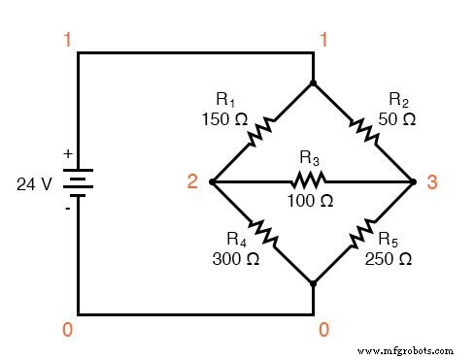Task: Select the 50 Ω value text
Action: click(395, 118)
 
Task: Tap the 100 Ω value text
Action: click(311, 201)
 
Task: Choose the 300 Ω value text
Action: click(234, 259)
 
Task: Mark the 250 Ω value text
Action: click(389, 259)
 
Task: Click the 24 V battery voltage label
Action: click(33, 182)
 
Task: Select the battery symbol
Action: click(78, 181)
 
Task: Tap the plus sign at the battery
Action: click(67, 153)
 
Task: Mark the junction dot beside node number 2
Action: click(211, 181)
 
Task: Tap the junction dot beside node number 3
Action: click(414, 181)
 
